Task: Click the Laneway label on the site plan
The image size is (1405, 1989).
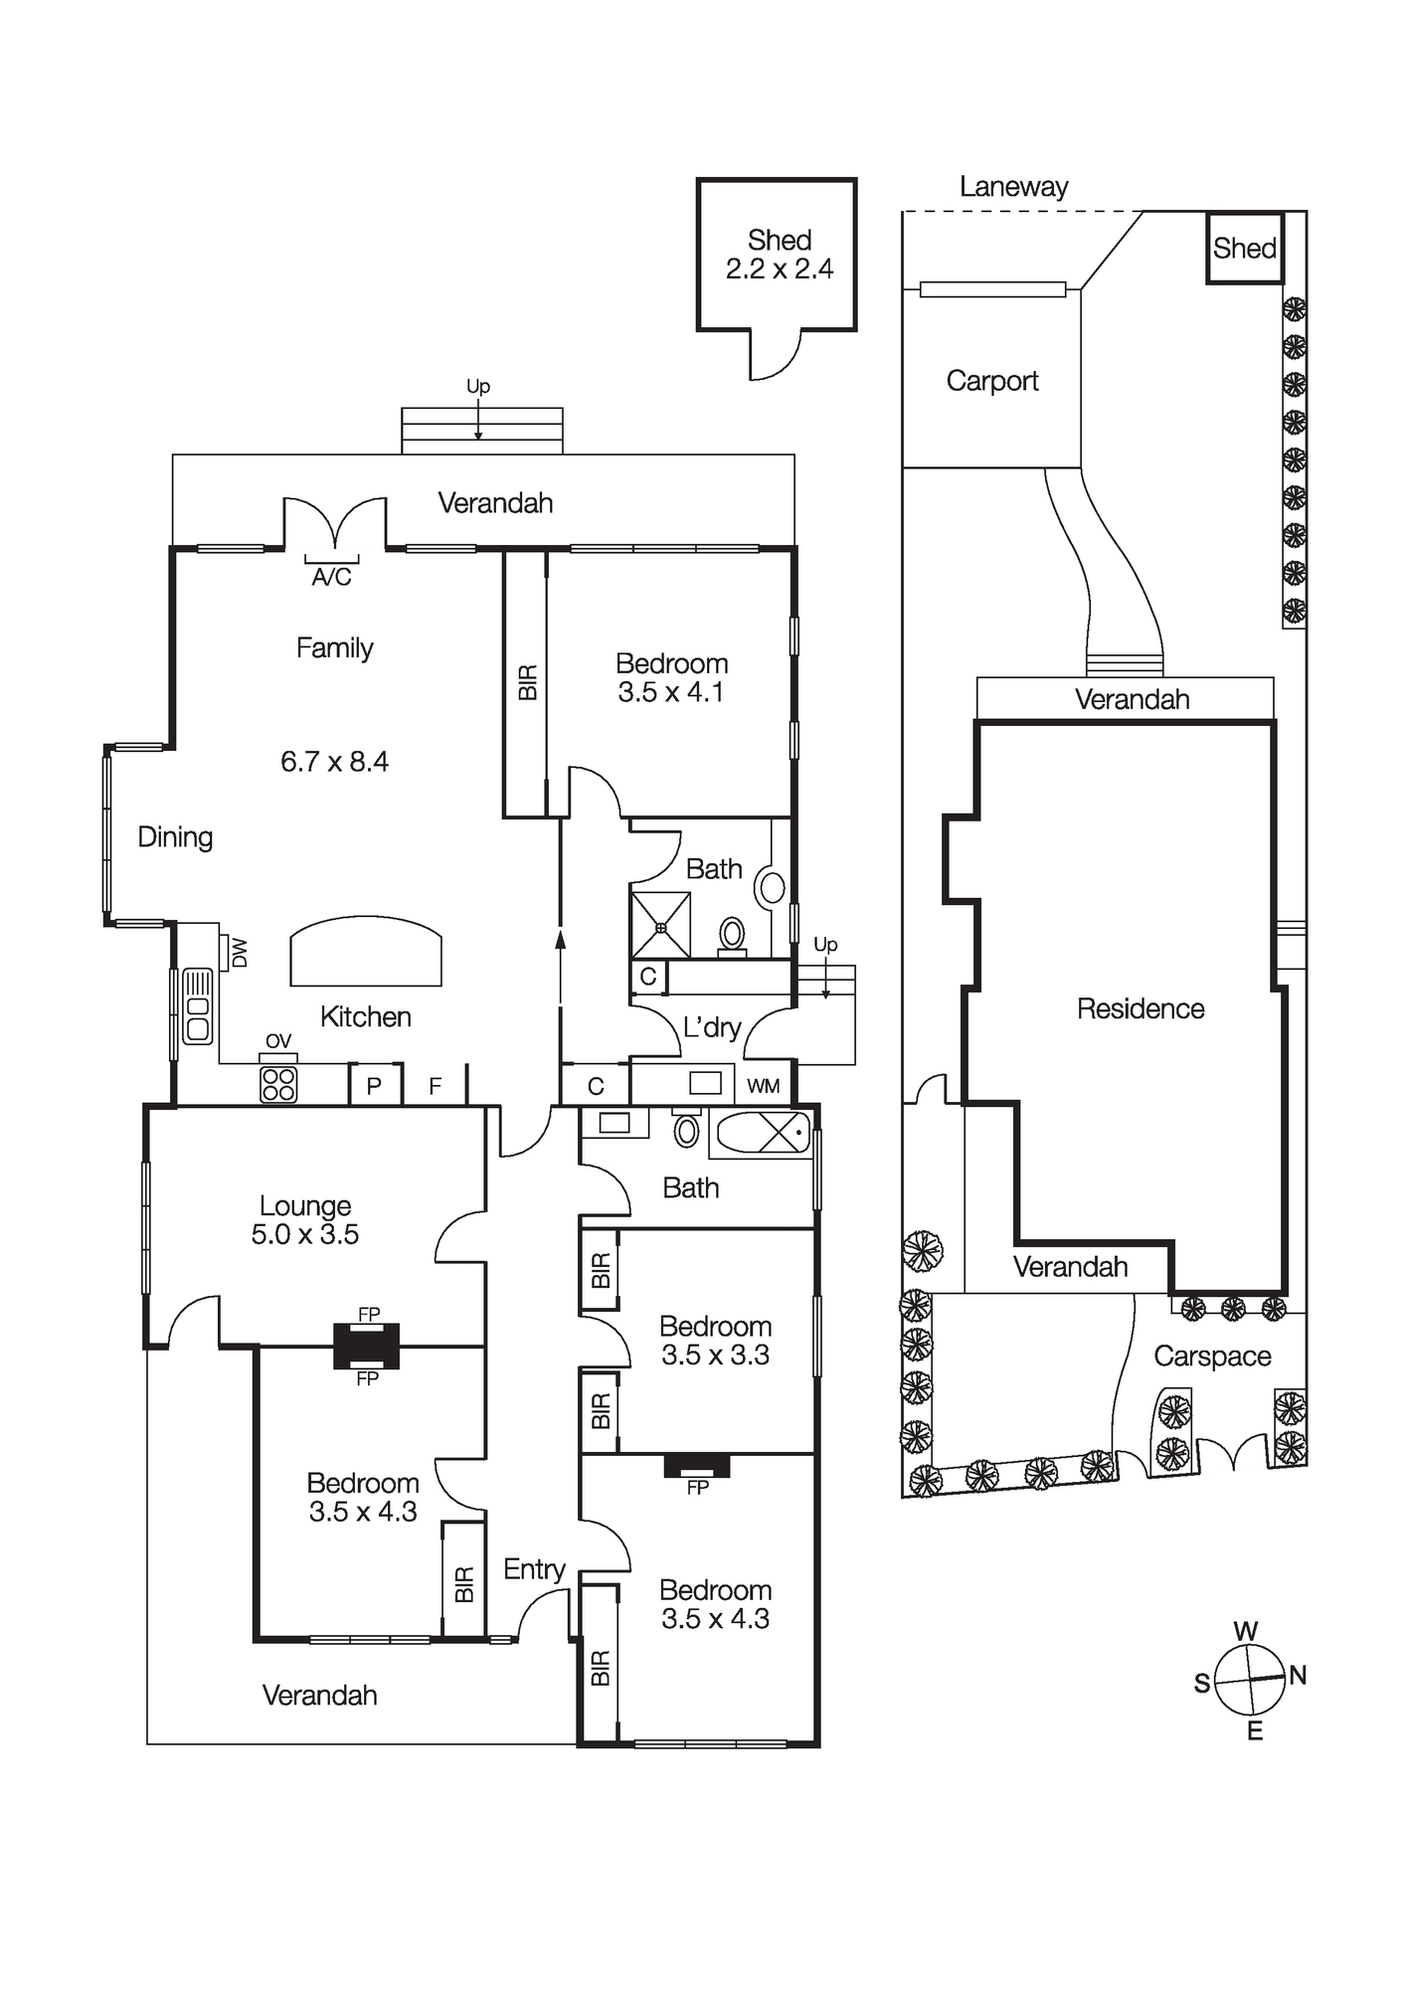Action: coord(1013,187)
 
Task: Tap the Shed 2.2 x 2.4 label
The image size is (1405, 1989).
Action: coord(779,255)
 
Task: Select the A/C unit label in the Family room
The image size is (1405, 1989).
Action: coord(331,578)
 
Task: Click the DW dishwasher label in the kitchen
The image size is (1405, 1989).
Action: coord(239,953)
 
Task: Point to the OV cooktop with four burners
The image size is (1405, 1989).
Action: coord(278,1084)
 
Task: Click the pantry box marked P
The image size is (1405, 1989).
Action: coord(375,1086)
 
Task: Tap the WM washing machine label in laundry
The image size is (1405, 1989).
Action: coord(764,1086)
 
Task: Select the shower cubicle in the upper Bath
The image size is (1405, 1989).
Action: coord(660,926)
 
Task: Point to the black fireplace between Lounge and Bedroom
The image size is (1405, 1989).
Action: coord(367,1347)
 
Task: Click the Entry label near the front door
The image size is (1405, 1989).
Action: coord(534,1569)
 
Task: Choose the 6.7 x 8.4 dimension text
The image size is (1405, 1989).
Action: coord(334,762)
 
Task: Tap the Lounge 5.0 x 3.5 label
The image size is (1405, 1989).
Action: coord(304,1220)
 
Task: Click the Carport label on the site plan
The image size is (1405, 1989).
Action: coord(991,381)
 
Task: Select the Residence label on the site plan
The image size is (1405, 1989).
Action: coord(1141,1009)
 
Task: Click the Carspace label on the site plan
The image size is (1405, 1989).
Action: coord(1212,1356)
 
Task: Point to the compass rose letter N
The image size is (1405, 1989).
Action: coord(1298,1676)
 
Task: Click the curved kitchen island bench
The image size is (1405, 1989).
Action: coord(366,953)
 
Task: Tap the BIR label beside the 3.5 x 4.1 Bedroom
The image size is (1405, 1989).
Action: coord(528,682)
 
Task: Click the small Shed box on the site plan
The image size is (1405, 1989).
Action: coord(1244,248)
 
